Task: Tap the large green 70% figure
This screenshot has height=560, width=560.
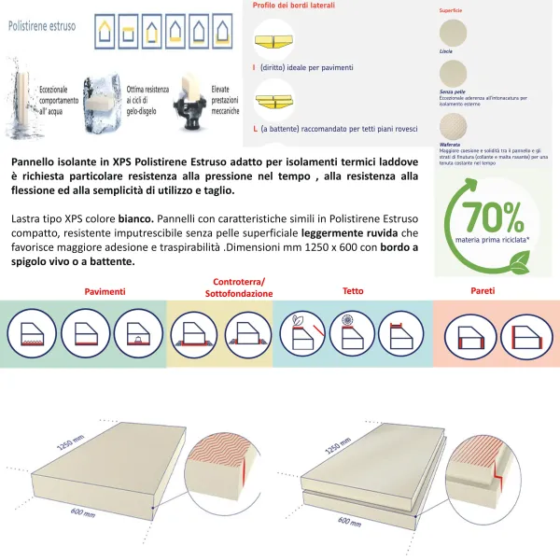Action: tap(497, 217)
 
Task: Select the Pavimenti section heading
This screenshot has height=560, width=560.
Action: tap(105, 292)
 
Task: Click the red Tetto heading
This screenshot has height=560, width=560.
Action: tap(353, 291)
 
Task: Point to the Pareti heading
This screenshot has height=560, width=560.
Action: tap(483, 291)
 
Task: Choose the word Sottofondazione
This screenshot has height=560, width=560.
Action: tap(239, 294)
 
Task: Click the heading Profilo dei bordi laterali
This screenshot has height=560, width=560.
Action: tap(294, 6)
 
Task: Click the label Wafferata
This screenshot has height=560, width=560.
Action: tap(449, 145)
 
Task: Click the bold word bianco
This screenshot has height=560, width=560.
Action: tap(136, 217)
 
